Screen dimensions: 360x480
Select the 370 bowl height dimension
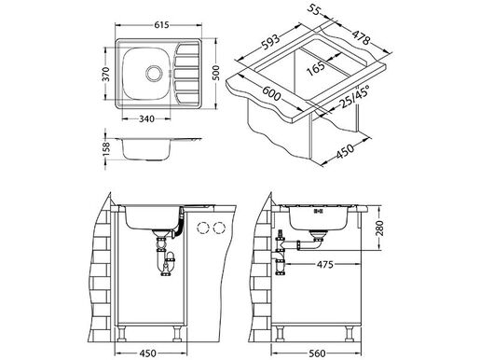[106, 83]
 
